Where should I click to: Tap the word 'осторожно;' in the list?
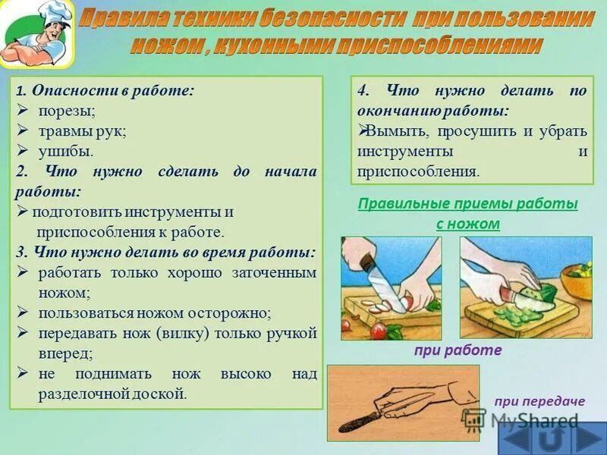click(x=232, y=312)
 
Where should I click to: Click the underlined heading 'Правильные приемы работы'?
click(x=467, y=204)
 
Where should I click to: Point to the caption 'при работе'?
click(x=458, y=350)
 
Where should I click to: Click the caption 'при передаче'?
click(x=539, y=401)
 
